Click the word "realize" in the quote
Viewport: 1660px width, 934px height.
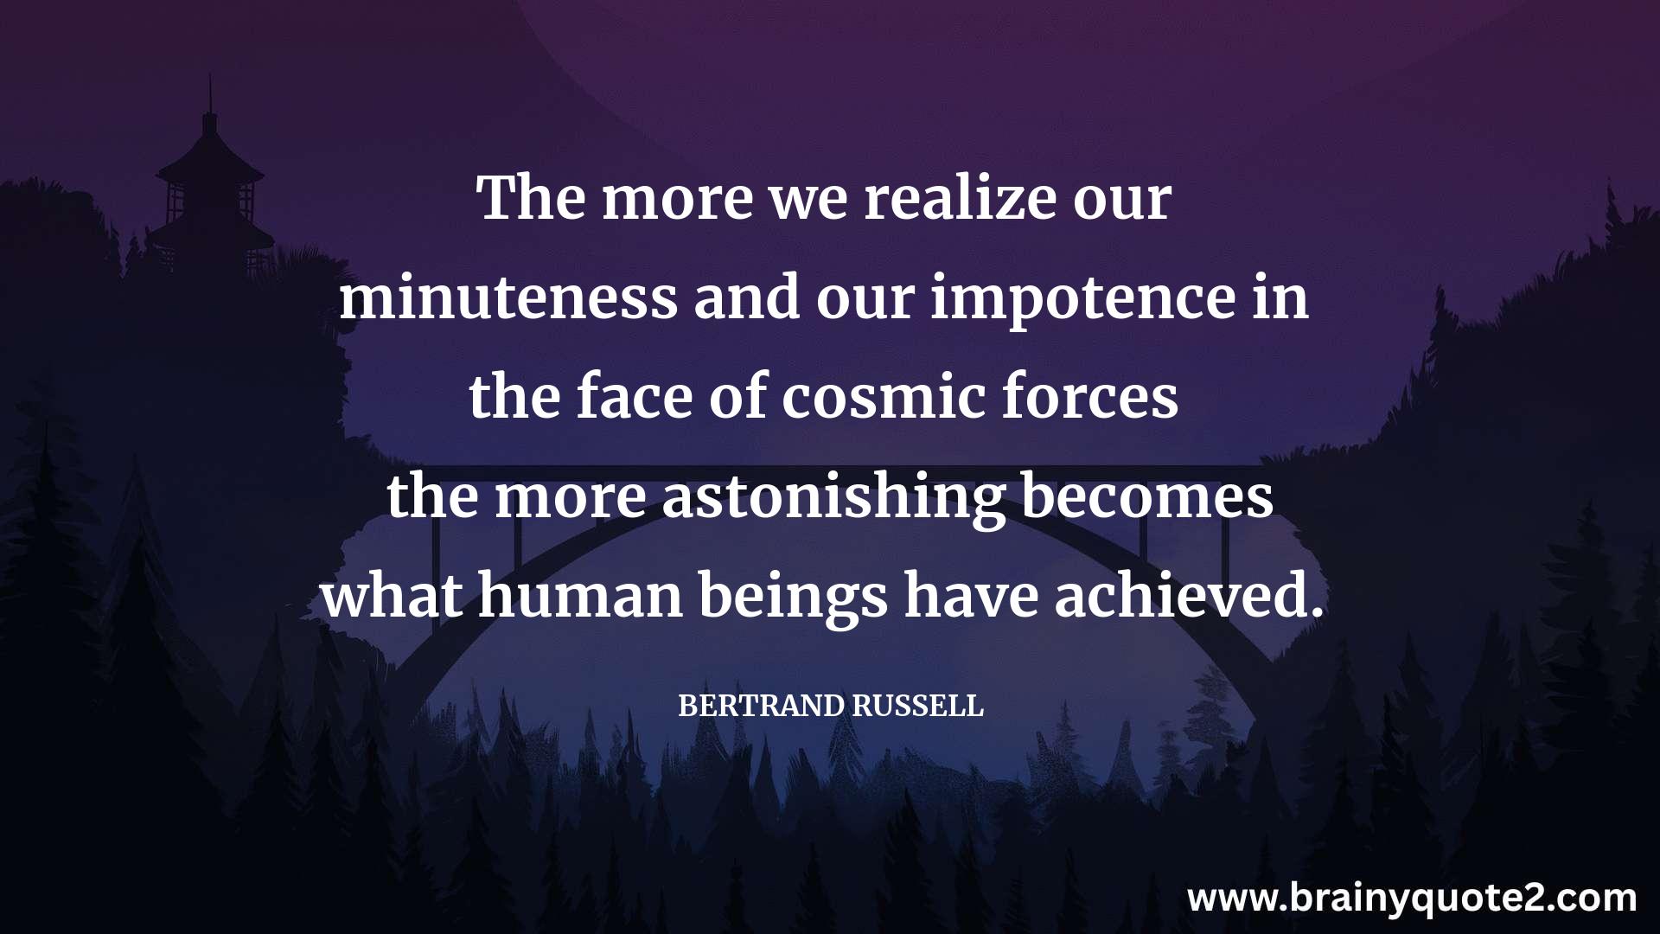coord(960,199)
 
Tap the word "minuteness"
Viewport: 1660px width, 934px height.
coord(508,298)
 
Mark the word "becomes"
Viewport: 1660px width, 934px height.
coord(1147,497)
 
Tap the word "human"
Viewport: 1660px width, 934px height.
coord(580,596)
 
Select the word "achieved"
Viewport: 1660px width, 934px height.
coord(1189,596)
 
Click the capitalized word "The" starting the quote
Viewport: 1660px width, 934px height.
coord(530,198)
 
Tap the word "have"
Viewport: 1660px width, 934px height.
coord(971,596)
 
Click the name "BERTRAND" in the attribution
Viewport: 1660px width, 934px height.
coord(762,707)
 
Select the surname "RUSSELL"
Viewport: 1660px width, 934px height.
coord(918,707)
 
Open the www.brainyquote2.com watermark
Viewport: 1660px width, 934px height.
coord(1412,898)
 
